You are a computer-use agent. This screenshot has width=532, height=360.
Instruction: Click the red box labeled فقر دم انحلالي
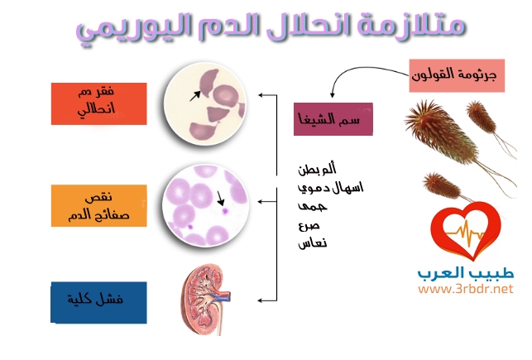98,103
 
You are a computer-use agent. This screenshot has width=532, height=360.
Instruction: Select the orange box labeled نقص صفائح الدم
98,205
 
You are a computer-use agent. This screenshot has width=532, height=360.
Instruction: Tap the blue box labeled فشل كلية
98,302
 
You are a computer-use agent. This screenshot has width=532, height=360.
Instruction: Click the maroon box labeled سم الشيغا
333,119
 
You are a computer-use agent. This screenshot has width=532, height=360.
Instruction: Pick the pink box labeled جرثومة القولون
457,75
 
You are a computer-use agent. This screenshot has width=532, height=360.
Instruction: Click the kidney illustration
204,300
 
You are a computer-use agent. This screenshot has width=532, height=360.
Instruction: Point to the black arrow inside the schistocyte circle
195,96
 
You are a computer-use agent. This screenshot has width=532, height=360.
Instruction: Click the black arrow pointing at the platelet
220,198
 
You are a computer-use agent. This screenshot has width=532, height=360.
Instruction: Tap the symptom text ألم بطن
317,169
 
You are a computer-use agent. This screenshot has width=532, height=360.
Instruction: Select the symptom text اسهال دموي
330,188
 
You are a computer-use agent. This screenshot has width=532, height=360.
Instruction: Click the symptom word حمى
313,206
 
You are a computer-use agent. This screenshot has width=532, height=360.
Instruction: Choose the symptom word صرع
309,226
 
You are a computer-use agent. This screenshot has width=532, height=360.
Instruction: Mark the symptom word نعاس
313,243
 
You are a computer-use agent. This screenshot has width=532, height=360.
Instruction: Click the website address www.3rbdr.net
466,289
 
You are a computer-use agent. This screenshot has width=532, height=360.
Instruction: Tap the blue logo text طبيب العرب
466,273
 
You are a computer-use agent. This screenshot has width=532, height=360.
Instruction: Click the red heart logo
466,231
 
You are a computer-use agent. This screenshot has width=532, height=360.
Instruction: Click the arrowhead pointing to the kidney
261,300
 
